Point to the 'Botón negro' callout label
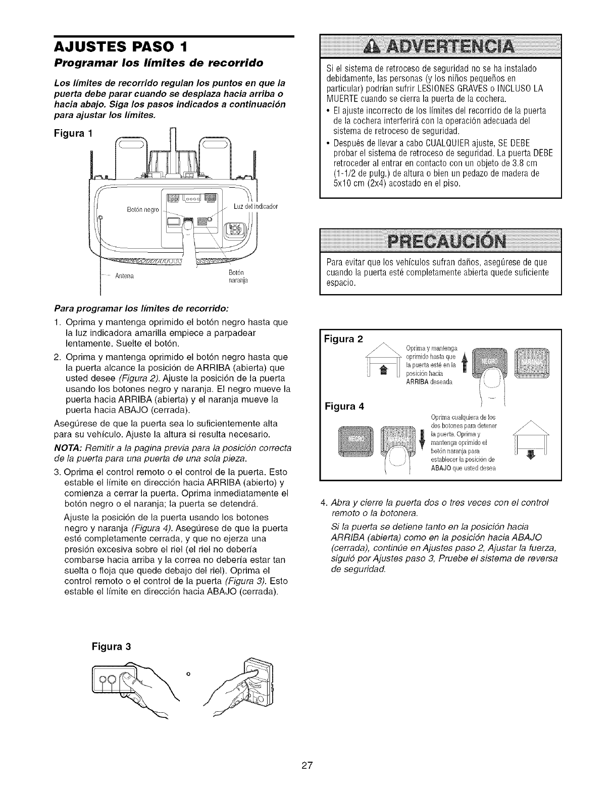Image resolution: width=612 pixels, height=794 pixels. coord(143,209)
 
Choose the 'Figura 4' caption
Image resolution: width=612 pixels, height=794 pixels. coord(345,406)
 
